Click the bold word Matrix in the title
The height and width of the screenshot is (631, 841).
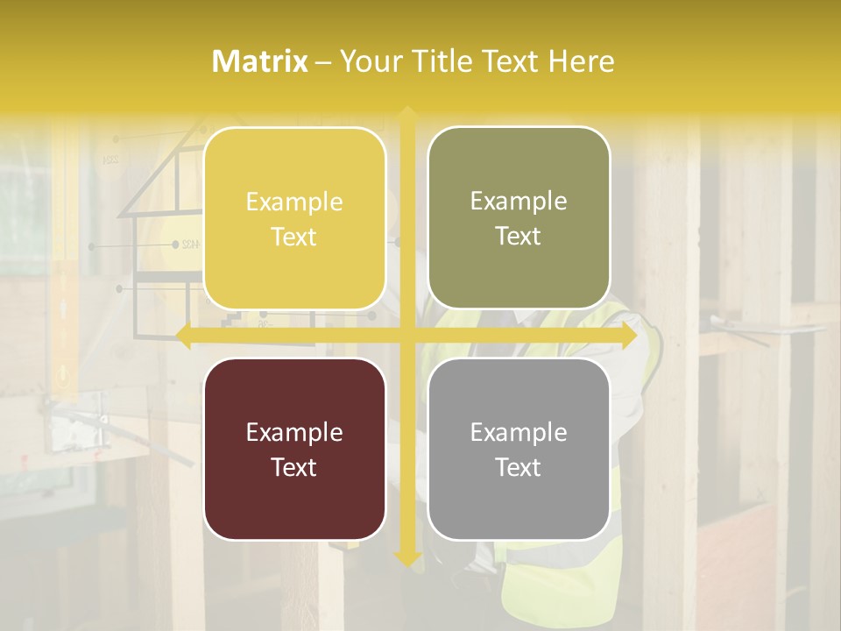[260, 61]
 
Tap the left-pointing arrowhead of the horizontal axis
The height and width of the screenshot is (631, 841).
[183, 336]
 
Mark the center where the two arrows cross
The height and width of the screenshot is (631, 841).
[406, 336]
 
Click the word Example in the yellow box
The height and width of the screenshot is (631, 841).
[294, 202]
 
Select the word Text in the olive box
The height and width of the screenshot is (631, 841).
[519, 237]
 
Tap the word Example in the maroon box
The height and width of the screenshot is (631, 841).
[294, 433]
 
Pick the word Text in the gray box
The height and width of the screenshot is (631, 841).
[519, 467]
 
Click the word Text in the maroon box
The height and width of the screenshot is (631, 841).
[294, 467]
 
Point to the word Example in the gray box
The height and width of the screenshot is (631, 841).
[519, 433]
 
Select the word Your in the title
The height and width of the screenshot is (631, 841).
[369, 61]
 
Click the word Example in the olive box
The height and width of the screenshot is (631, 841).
[519, 202]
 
